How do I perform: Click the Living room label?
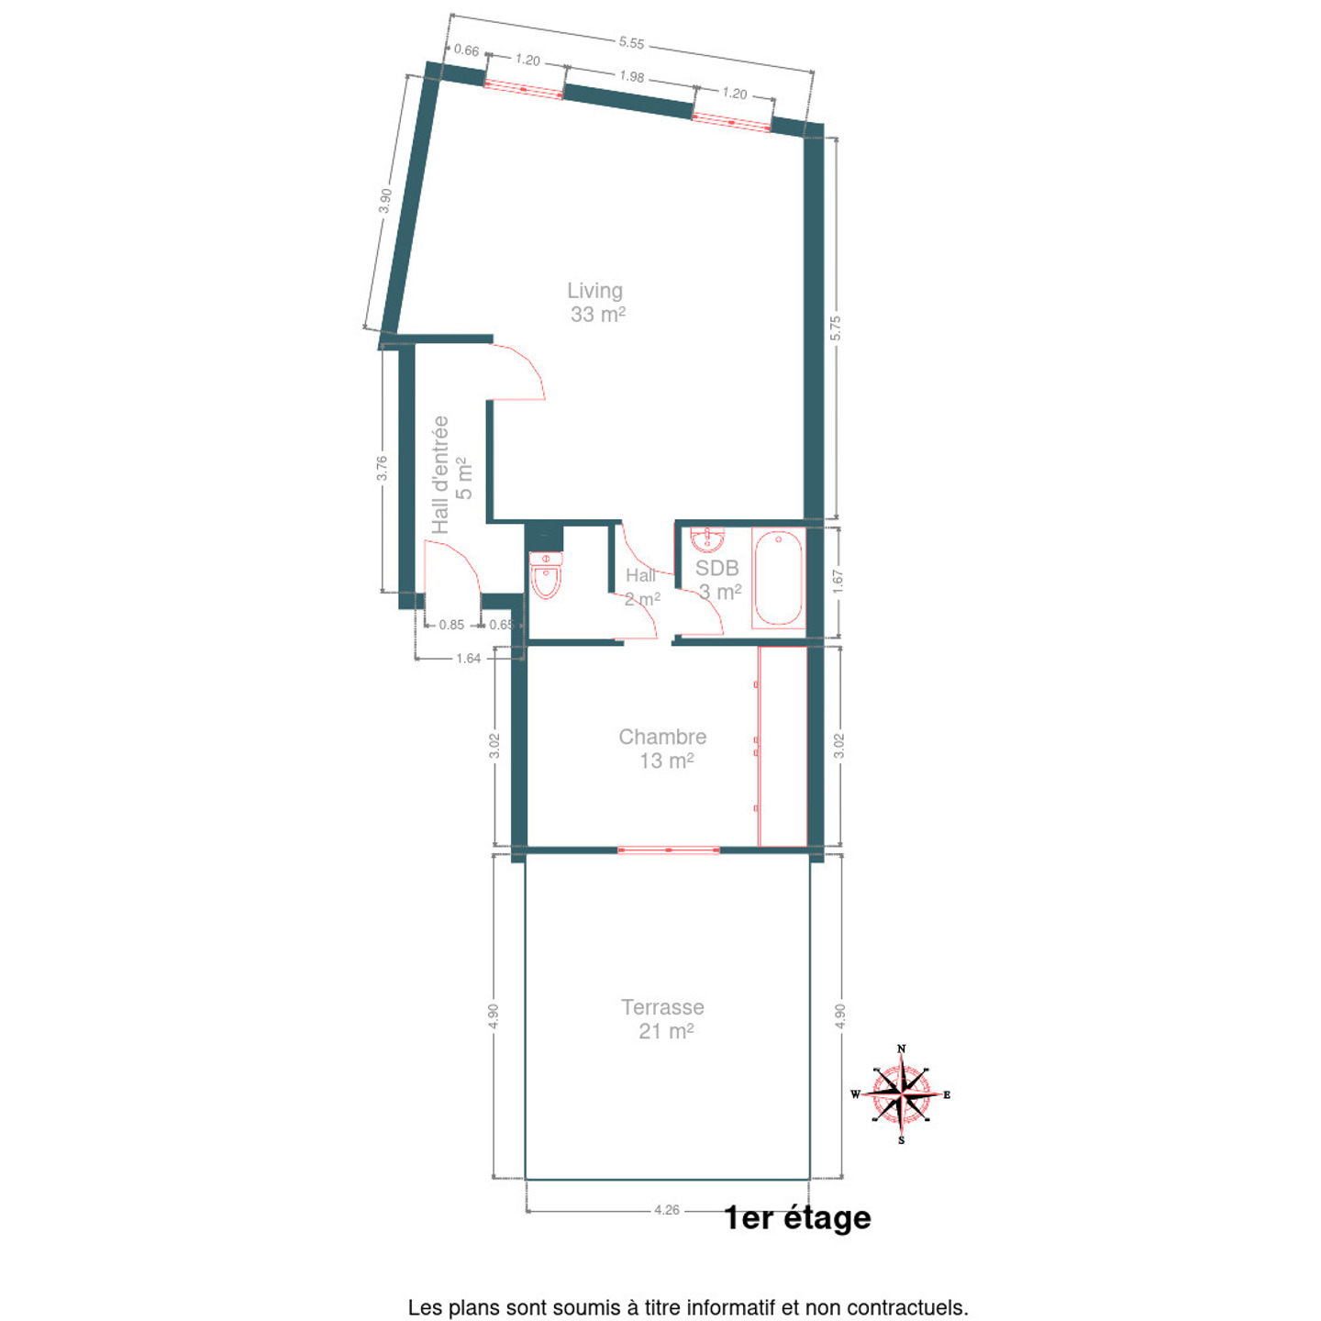point(595,303)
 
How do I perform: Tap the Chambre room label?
point(663,749)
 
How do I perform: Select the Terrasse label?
point(663,1019)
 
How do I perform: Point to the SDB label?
point(717,579)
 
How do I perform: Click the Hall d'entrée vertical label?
point(451,475)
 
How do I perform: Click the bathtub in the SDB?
point(778,578)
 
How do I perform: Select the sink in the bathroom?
point(706,538)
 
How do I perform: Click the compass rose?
point(901,1094)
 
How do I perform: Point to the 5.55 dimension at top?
point(631,43)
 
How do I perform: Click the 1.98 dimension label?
point(631,77)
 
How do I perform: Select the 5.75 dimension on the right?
point(835,328)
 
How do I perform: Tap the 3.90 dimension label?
point(385,200)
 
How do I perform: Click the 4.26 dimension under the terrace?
point(666,1210)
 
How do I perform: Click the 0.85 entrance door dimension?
point(451,625)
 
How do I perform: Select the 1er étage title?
point(797,1217)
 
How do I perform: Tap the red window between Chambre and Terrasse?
point(669,850)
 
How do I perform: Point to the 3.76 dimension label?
point(383,468)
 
